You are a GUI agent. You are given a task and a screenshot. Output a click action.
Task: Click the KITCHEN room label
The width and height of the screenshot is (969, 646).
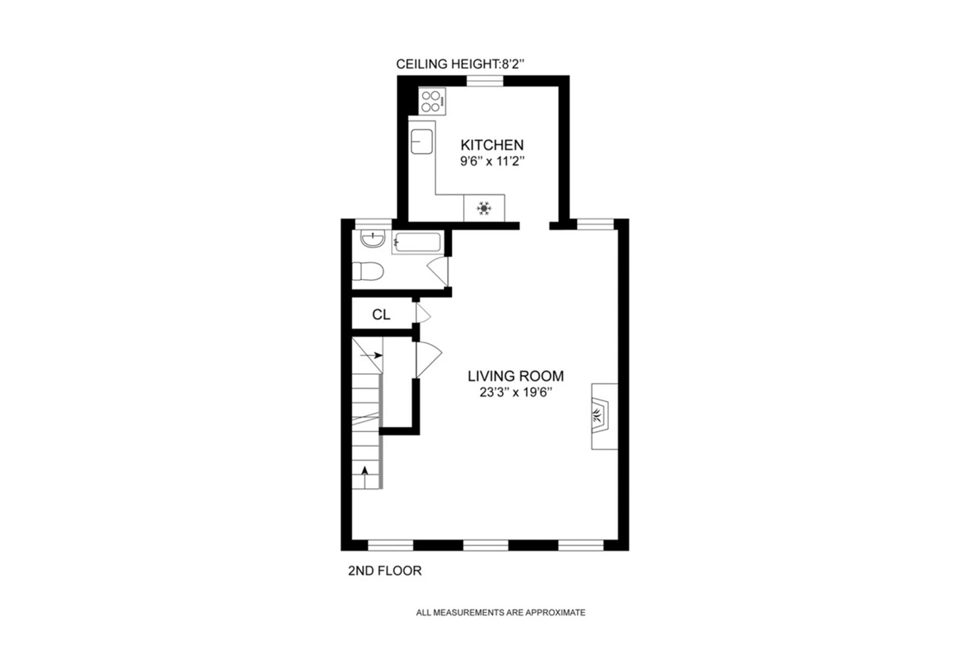pyautogui.click(x=492, y=145)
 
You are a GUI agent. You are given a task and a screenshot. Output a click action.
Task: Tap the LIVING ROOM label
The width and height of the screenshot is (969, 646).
pyautogui.click(x=515, y=376)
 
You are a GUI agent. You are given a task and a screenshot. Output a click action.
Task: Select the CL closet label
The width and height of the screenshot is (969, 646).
pyautogui.click(x=381, y=315)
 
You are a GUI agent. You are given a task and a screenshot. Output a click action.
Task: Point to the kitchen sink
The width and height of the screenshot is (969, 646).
pyautogui.click(x=421, y=141)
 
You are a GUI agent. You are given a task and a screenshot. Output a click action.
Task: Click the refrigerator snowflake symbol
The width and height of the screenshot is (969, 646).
pyautogui.click(x=484, y=208)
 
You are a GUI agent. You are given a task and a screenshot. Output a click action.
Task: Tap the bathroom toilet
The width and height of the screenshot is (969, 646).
pyautogui.click(x=367, y=272)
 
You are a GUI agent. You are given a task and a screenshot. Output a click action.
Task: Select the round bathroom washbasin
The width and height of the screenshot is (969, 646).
pyautogui.click(x=373, y=238)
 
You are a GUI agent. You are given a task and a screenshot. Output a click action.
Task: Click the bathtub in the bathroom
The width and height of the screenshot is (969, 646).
pyautogui.click(x=417, y=243)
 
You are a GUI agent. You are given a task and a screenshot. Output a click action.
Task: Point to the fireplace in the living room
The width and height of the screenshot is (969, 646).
pyautogui.click(x=604, y=416)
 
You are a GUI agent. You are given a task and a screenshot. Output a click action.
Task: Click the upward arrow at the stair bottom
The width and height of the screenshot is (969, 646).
pyautogui.click(x=364, y=471)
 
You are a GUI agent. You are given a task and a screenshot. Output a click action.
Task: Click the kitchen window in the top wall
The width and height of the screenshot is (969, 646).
pyautogui.click(x=484, y=81)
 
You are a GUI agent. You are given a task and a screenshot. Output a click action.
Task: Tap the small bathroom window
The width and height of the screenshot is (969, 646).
pyautogui.click(x=373, y=224)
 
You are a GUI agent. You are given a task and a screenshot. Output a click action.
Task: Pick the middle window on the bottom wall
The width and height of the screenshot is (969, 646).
pyautogui.click(x=486, y=545)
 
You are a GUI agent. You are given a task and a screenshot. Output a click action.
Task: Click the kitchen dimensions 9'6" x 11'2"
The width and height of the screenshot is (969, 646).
pyautogui.click(x=492, y=162)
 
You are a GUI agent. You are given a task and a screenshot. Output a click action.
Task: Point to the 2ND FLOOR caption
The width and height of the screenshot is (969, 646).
pyautogui.click(x=385, y=571)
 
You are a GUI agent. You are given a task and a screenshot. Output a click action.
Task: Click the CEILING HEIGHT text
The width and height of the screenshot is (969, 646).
pyautogui.click(x=460, y=64)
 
